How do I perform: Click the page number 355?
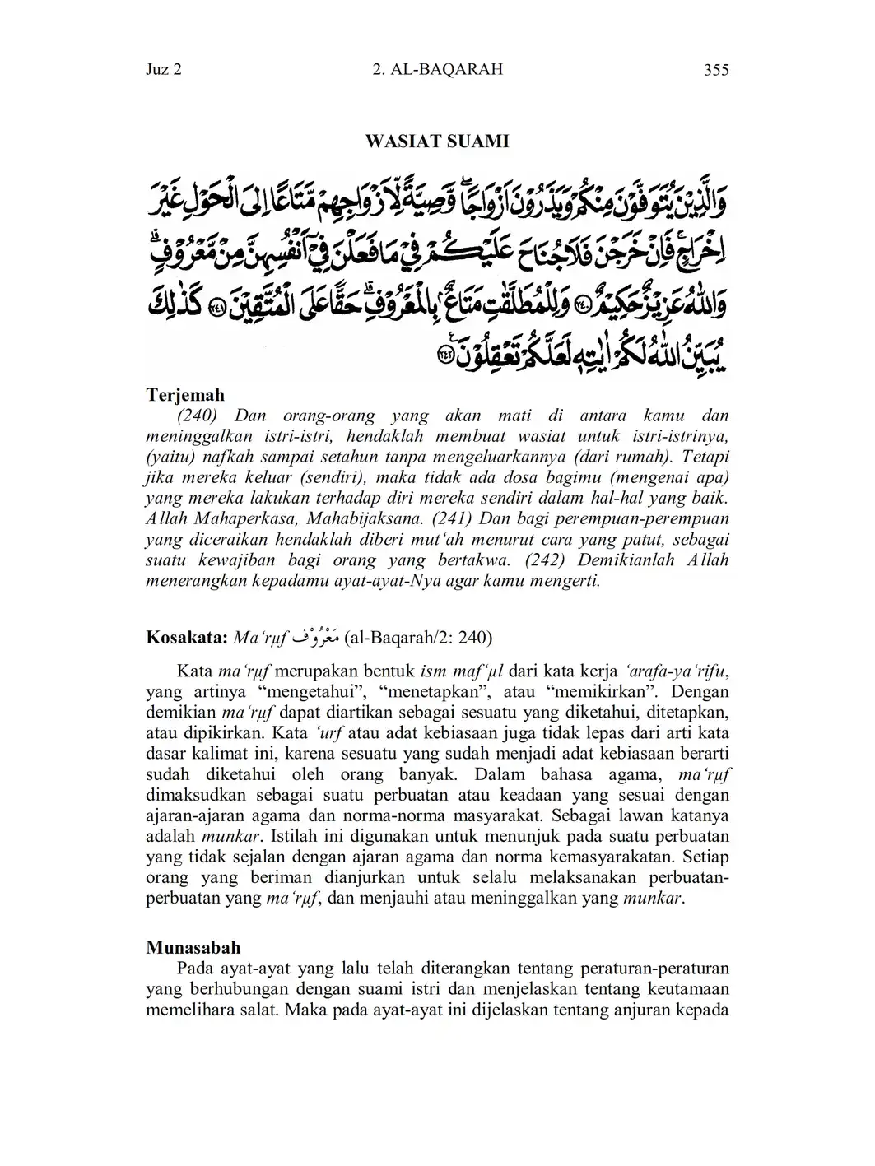716,70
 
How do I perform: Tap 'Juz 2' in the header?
164,70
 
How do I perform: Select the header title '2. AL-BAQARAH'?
437,70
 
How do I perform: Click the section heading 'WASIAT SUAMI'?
437,142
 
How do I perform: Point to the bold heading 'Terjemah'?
185,396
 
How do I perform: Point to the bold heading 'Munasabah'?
193,947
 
